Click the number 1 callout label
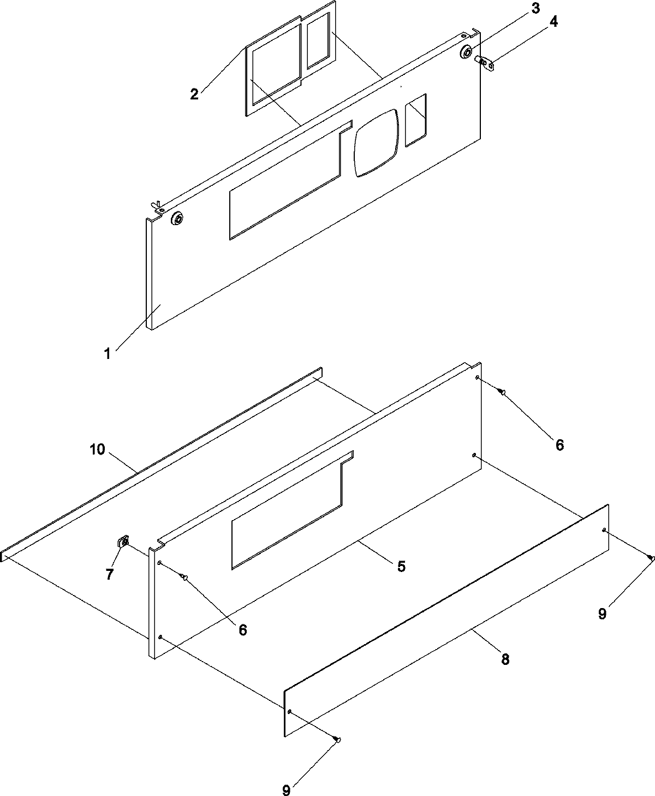click(108, 353)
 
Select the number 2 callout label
click(194, 93)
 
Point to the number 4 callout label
click(553, 22)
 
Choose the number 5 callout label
click(401, 567)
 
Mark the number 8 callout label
click(505, 659)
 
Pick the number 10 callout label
click(96, 450)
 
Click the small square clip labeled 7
click(123, 542)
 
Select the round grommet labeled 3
click(467, 52)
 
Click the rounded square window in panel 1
click(377, 143)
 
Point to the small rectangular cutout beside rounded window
click(416, 120)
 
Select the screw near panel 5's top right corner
click(502, 391)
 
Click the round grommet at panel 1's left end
click(177, 220)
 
